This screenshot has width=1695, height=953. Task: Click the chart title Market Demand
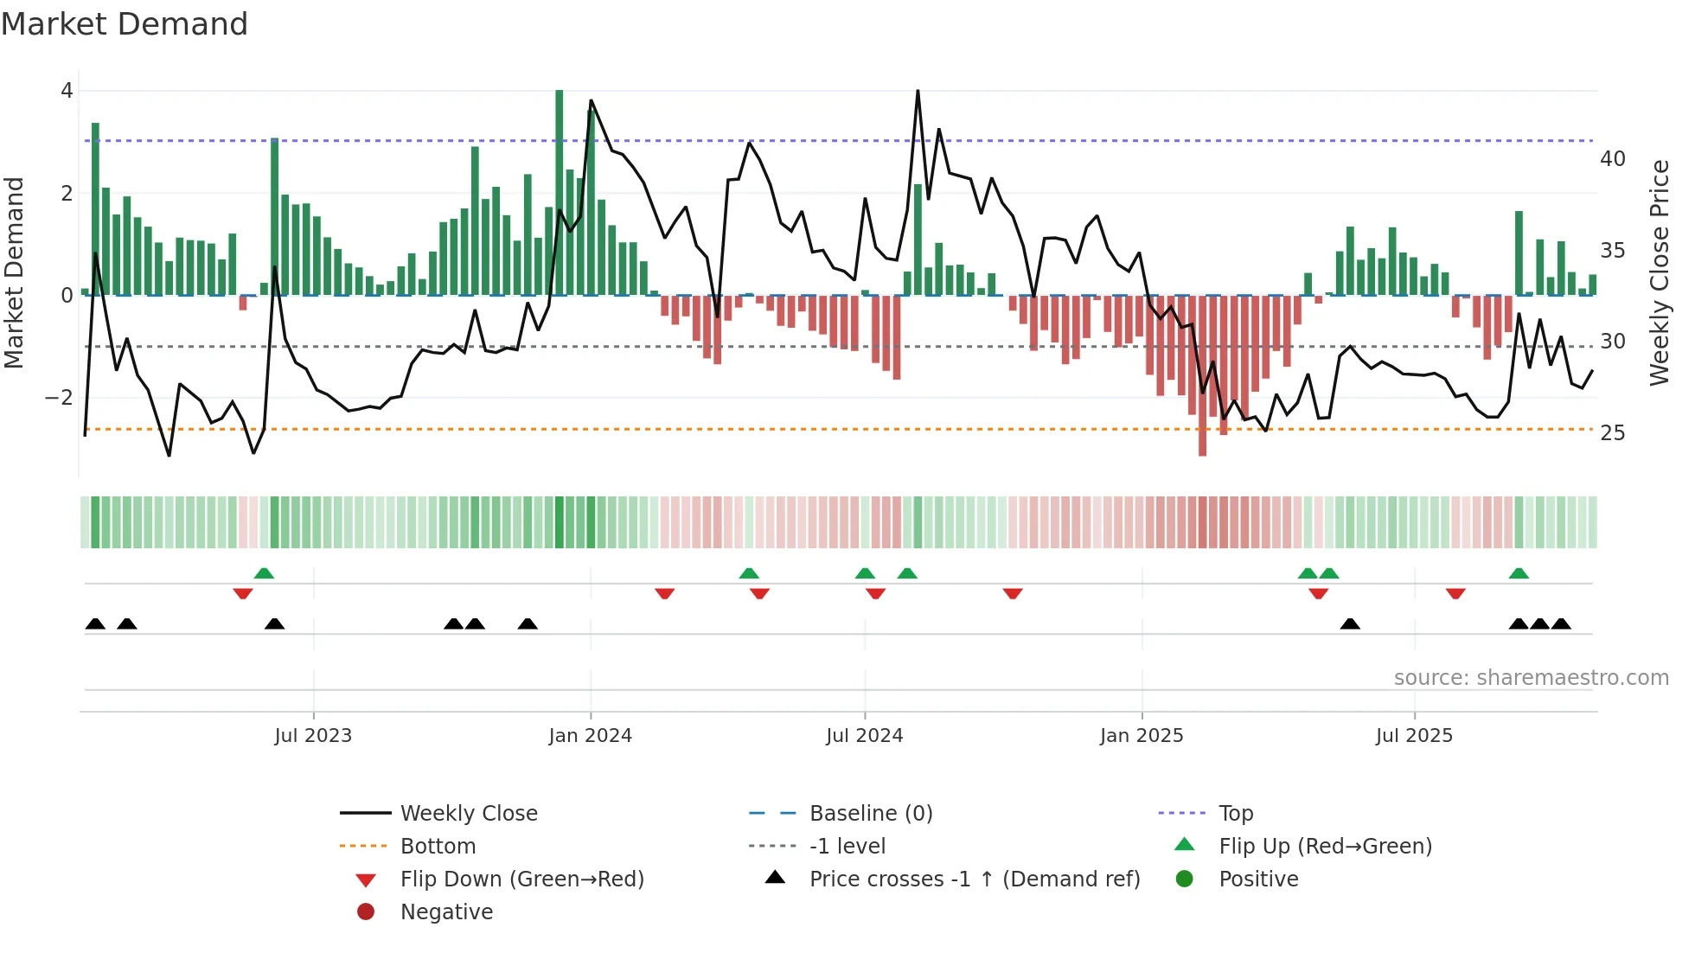click(x=125, y=24)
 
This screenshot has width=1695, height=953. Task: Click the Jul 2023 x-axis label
click(x=313, y=736)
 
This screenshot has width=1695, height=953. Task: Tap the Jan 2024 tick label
click(x=590, y=736)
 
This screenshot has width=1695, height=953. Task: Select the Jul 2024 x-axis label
click(x=864, y=736)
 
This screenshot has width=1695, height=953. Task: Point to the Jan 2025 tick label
click(x=1142, y=736)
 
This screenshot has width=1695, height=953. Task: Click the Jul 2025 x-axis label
click(x=1414, y=736)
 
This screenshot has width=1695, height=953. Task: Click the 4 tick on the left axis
click(x=67, y=91)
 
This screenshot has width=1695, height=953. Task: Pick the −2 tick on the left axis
click(x=60, y=398)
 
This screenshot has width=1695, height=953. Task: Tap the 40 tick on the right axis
click(x=1613, y=159)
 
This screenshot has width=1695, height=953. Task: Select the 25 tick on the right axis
click(x=1613, y=433)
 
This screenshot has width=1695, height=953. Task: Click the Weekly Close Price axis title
click(x=1659, y=272)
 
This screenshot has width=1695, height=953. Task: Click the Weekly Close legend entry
click(x=468, y=814)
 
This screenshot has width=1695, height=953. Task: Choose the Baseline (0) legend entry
click(x=870, y=814)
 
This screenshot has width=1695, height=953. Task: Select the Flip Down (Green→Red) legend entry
click(x=521, y=879)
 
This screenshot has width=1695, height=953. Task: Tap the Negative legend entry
click(x=446, y=912)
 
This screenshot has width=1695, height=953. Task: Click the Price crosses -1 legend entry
click(x=974, y=879)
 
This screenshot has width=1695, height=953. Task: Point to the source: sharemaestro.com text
click(x=1531, y=678)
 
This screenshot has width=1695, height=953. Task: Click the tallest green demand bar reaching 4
click(x=560, y=190)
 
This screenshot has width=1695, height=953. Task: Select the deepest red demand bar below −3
click(x=1202, y=381)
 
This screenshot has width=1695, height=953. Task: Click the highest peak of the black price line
click(x=918, y=92)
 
